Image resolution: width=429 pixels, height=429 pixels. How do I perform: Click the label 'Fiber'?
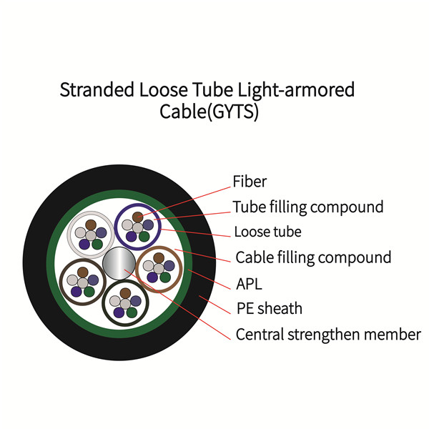click(x=250, y=182)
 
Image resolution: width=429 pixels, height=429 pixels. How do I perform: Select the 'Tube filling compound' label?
click(x=308, y=207)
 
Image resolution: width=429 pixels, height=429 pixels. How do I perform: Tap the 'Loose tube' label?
click(x=268, y=232)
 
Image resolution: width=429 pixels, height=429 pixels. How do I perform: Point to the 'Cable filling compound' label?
click(x=314, y=257)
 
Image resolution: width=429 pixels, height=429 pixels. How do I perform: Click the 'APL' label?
click(x=250, y=284)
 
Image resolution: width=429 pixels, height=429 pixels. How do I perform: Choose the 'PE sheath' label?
click(x=270, y=309)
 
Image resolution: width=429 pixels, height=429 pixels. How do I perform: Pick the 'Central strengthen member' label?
click(x=328, y=335)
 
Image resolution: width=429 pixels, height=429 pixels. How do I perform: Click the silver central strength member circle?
click(x=119, y=263)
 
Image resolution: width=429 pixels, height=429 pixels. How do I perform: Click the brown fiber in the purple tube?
click(x=137, y=217)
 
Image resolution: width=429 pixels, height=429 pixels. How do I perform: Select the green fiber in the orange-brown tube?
click(x=165, y=277)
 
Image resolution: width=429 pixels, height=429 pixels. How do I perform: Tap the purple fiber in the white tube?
click(x=84, y=244)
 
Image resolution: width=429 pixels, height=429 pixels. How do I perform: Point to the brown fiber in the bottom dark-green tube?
click(x=125, y=293)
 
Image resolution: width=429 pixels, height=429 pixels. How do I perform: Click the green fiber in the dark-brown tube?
click(x=89, y=292)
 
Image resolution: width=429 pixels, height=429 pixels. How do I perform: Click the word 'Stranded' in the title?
click(x=97, y=90)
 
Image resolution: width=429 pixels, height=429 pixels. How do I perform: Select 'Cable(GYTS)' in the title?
click(x=209, y=112)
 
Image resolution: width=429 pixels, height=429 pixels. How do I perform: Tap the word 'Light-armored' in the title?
click(x=296, y=90)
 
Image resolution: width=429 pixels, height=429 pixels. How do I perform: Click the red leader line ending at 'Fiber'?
click(x=185, y=202)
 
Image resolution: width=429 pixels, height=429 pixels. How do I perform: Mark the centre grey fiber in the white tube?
click(x=91, y=235)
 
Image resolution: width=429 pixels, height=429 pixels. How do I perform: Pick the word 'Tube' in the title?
click(x=212, y=90)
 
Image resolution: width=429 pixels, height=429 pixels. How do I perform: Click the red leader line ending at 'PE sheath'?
click(x=214, y=305)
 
